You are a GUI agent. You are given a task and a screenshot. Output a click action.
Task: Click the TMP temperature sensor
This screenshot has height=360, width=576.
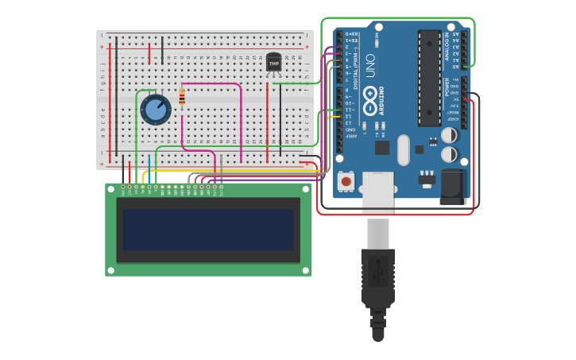[x=273, y=62]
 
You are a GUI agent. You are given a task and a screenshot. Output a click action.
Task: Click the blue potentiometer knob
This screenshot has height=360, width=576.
[x=156, y=109]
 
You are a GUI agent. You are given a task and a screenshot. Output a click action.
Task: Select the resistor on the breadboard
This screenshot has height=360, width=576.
[x=182, y=97]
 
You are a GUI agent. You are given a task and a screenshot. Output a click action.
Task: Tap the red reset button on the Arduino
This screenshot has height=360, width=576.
[x=346, y=182]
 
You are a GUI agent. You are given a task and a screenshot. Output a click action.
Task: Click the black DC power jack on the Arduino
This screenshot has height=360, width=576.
[x=453, y=188]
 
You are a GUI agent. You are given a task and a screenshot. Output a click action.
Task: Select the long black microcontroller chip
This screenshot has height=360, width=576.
[x=429, y=78]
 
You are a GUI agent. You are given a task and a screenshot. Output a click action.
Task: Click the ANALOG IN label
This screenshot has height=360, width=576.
[x=446, y=46]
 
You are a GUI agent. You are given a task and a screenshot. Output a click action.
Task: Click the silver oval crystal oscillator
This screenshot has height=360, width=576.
[x=403, y=149]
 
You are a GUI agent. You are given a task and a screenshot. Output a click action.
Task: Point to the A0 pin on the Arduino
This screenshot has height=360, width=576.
[x=464, y=67]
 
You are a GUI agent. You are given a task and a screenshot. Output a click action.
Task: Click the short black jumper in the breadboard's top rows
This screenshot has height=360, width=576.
[x=163, y=49]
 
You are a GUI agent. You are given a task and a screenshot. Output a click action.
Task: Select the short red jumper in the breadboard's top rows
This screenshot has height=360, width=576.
[x=149, y=53]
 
